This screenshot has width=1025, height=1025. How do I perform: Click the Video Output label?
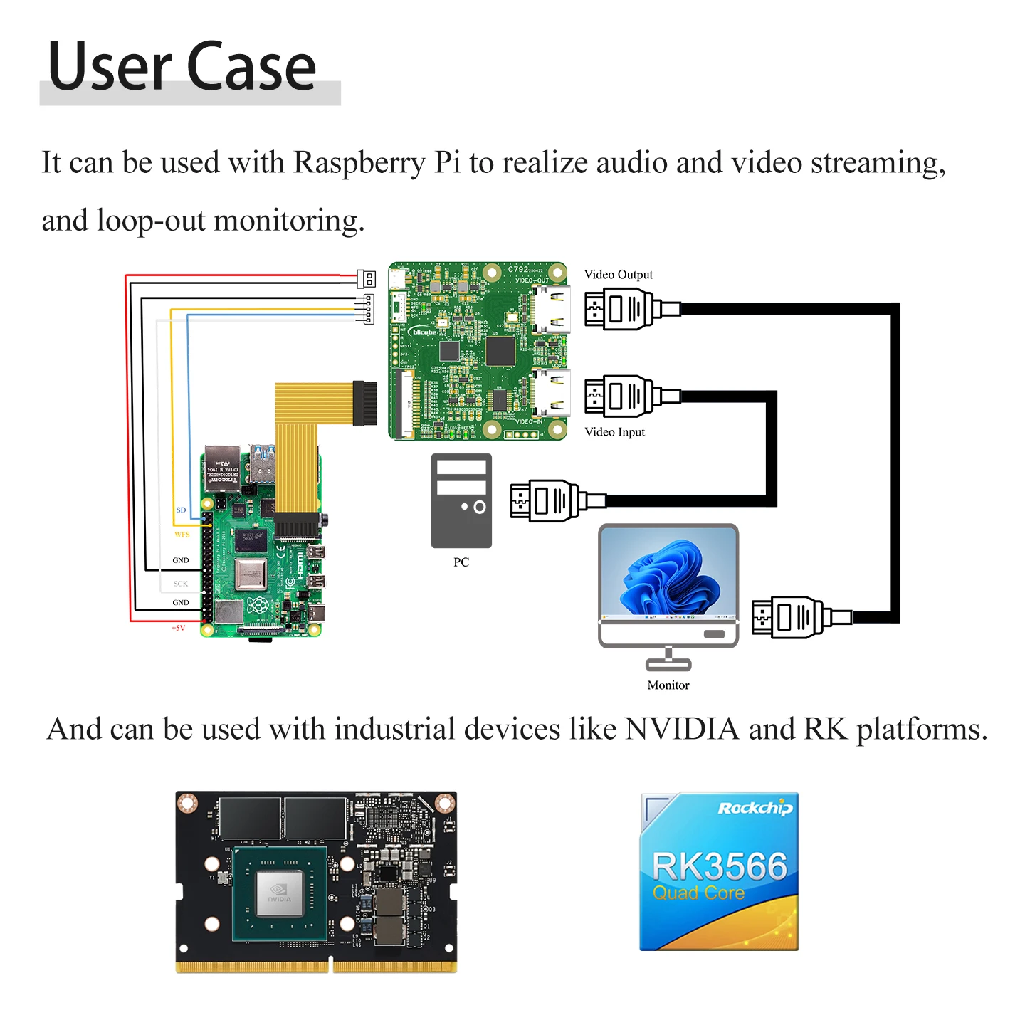click(618, 275)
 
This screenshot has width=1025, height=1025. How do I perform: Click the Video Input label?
click(614, 432)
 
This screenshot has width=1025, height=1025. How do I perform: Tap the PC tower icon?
click(461, 500)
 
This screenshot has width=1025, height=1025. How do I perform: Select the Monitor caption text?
click(668, 685)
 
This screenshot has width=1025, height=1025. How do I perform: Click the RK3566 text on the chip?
click(720, 866)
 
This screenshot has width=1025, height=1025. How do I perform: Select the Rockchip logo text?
click(755, 808)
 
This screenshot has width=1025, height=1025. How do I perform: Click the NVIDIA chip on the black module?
click(279, 894)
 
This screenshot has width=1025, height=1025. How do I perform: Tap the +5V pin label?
click(178, 628)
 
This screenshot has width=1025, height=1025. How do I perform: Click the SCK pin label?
click(181, 584)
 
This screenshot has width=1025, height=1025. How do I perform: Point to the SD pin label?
click(181, 510)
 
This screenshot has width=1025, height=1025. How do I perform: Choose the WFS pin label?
click(182, 535)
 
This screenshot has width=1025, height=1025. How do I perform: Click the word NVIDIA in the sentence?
click(682, 730)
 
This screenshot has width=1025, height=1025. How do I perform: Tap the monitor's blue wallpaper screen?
click(668, 573)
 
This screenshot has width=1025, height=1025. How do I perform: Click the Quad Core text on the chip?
click(698, 893)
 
